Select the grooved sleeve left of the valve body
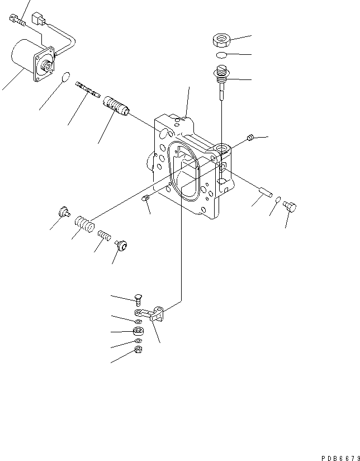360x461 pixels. [115, 106]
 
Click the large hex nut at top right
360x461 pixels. [222, 40]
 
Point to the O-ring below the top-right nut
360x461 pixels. [221, 55]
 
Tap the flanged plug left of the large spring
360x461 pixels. [63, 211]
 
